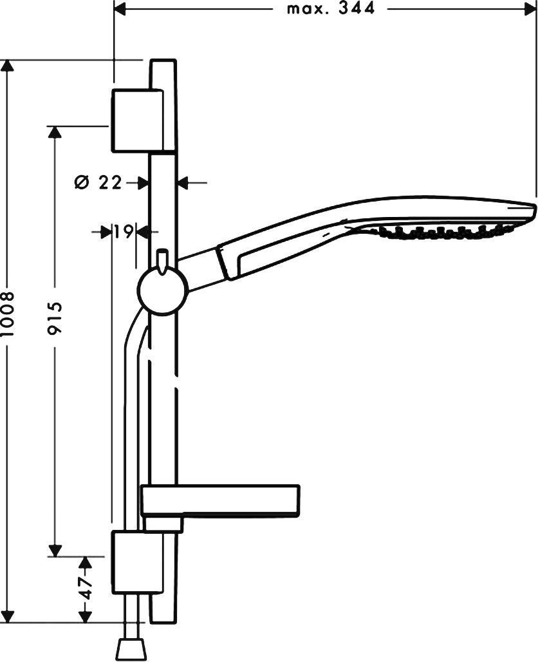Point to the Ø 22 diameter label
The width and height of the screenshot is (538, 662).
98,183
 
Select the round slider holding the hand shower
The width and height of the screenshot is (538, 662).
163,291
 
